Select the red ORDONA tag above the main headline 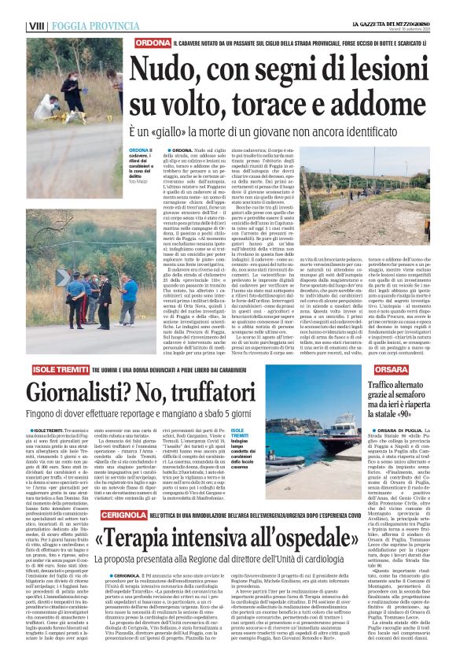click(152, 42)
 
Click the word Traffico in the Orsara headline click(372, 386)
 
